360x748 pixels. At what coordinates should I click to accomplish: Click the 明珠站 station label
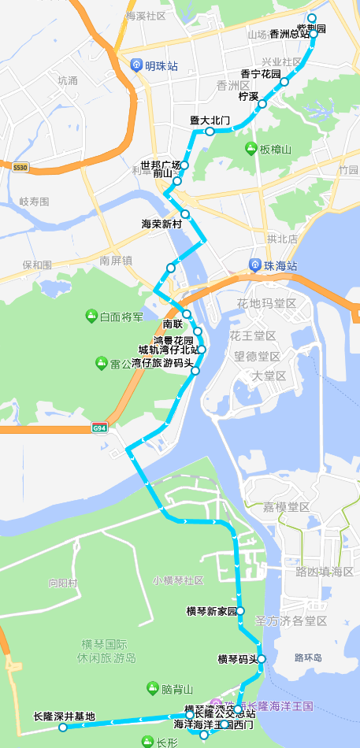point(161,66)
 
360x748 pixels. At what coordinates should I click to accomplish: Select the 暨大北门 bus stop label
point(209,120)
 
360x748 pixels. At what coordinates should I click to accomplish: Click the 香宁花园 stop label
point(260,73)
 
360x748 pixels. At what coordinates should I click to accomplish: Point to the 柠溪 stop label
point(248,96)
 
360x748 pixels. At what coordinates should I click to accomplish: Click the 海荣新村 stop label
point(161,224)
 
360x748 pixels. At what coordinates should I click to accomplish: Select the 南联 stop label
point(173,324)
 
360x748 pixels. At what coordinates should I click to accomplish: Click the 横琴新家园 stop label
point(211,611)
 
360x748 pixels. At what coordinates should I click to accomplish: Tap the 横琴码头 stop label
point(237,659)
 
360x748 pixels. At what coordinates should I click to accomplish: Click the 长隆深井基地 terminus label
point(64,717)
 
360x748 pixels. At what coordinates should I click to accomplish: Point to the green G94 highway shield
point(99,428)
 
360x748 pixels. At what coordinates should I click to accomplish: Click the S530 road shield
point(20,168)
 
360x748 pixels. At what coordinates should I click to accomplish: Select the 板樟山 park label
point(276,150)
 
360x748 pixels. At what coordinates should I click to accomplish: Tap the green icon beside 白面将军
point(91,317)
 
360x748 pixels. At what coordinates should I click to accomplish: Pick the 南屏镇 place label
point(116,260)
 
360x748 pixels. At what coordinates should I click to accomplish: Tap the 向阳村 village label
point(63,583)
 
